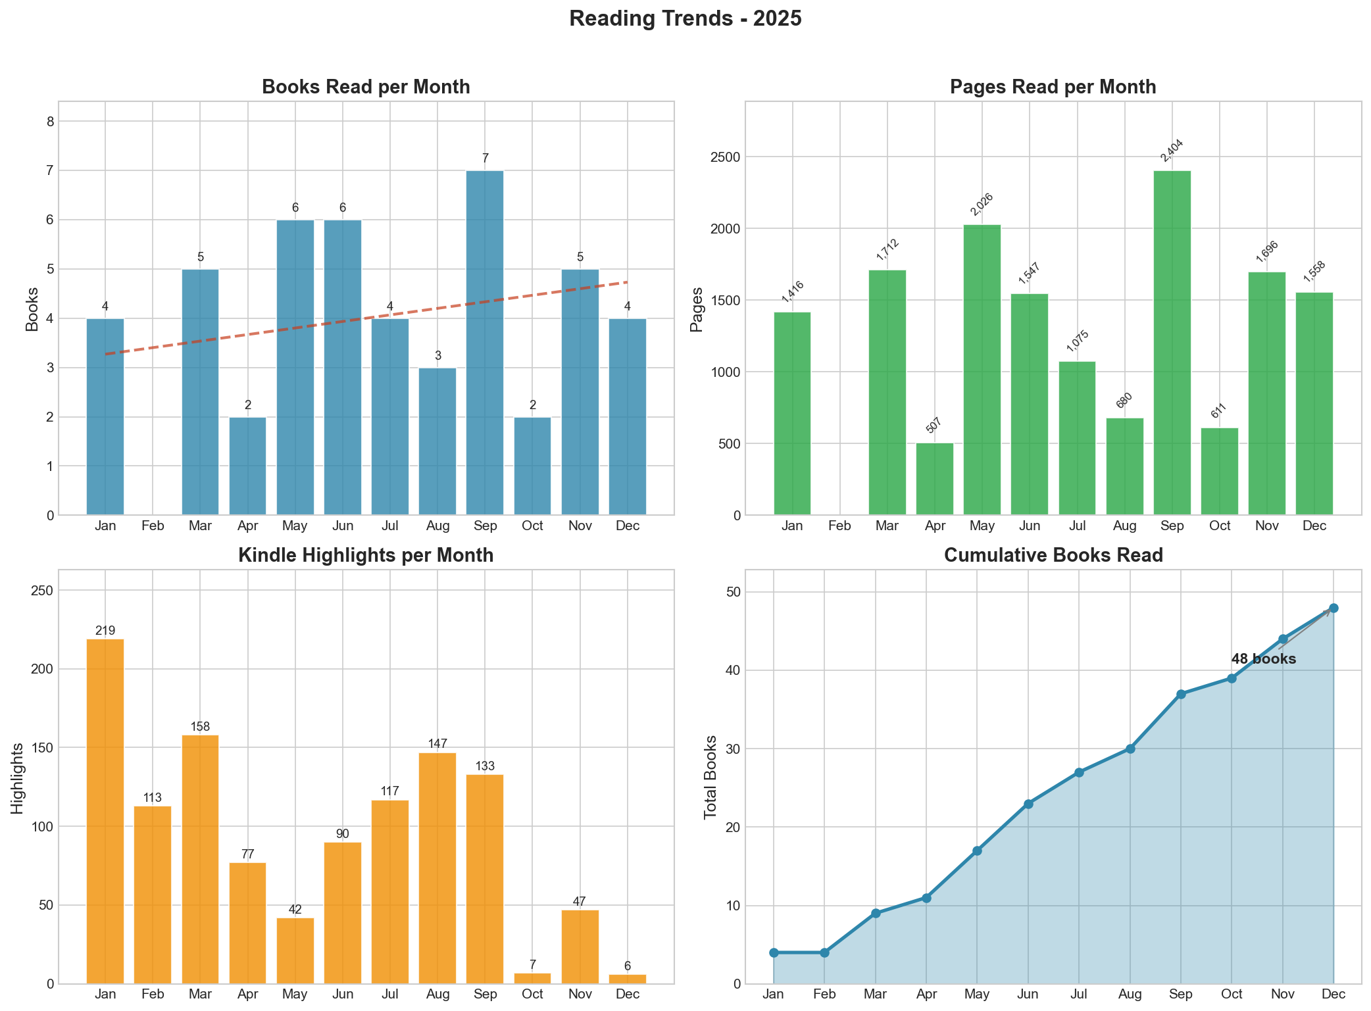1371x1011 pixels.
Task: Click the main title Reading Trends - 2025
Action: pyautogui.click(x=685, y=19)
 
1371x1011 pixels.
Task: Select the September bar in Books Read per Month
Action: pyautogui.click(x=485, y=342)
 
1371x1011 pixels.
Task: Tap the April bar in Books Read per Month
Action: pyautogui.click(x=247, y=466)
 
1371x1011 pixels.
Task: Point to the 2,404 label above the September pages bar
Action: pyautogui.click(x=1172, y=151)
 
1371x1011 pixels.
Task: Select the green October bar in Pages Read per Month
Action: pyautogui.click(x=1219, y=471)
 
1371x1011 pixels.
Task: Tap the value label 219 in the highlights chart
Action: pyautogui.click(x=105, y=631)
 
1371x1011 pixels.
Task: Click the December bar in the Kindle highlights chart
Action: pyautogui.click(x=627, y=979)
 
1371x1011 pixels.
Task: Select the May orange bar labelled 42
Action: pyautogui.click(x=295, y=950)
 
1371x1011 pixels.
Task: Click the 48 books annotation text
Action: pyautogui.click(x=1263, y=659)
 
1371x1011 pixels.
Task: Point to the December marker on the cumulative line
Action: pyautogui.click(x=1333, y=608)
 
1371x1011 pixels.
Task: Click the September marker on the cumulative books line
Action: pyautogui.click(x=1181, y=694)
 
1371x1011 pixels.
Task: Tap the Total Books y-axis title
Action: pyautogui.click(x=710, y=777)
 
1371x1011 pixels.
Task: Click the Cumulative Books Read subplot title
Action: pyautogui.click(x=1053, y=556)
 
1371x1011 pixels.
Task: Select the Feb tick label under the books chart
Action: pyautogui.click(x=153, y=526)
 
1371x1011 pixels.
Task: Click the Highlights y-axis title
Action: pyautogui.click(x=18, y=778)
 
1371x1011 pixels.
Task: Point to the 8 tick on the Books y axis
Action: pyautogui.click(x=51, y=122)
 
